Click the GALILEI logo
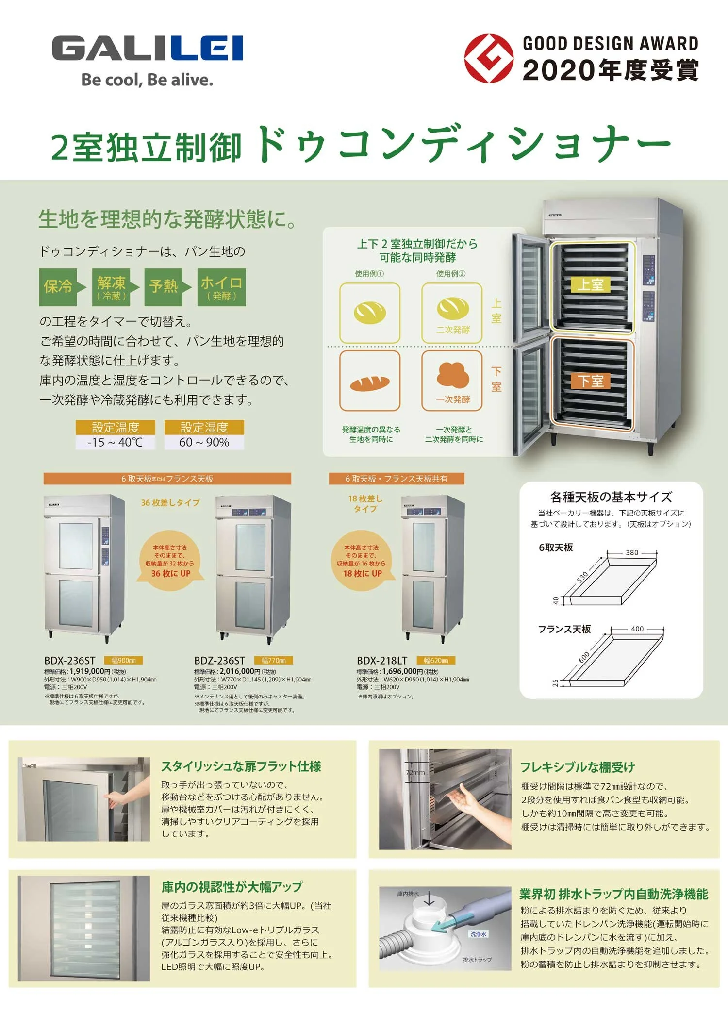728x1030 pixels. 147,49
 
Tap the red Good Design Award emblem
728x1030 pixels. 488,58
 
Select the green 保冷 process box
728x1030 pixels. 58,287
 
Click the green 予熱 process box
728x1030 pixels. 164,287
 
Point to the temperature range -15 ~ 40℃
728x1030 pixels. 115,442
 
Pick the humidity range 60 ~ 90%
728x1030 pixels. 204,442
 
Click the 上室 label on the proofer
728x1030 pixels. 591,284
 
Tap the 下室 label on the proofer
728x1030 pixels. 591,381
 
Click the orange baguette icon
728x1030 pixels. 370,383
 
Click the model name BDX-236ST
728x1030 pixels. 70,661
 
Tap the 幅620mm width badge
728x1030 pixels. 436,661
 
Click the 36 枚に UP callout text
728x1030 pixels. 171,573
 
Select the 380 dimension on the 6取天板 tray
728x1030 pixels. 632,552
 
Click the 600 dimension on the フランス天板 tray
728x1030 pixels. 584,657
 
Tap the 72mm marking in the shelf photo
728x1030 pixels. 415,772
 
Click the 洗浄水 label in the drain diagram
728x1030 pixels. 478,934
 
